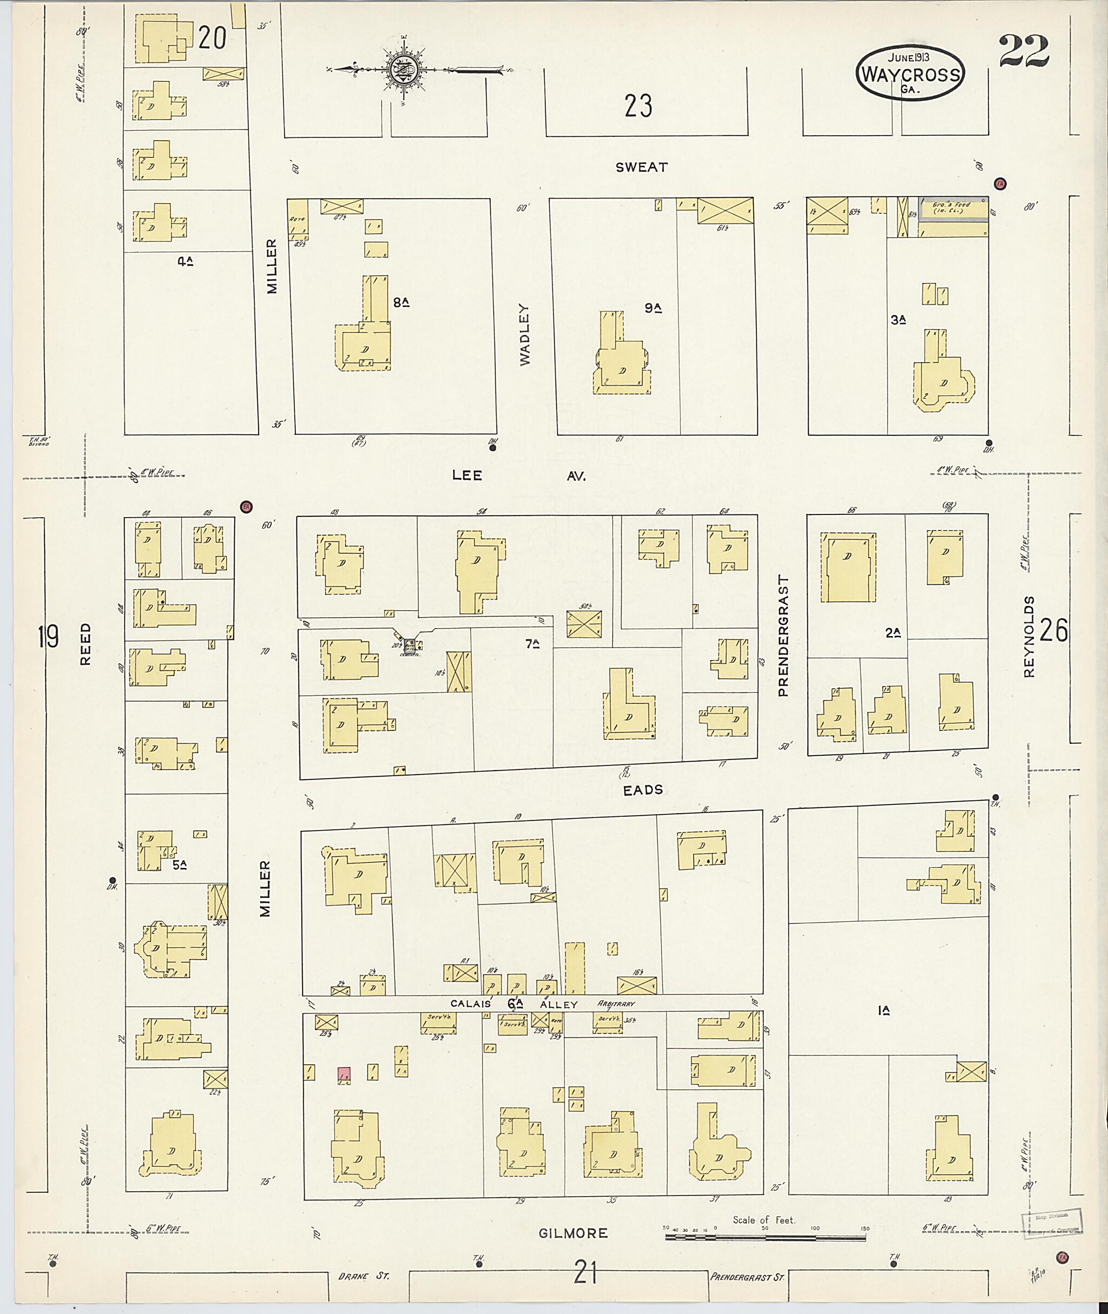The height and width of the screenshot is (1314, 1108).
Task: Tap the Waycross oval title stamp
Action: (910, 73)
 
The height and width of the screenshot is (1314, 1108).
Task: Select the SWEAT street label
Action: (641, 167)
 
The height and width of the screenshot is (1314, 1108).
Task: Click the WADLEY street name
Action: (525, 334)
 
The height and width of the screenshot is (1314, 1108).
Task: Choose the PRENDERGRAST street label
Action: (783, 635)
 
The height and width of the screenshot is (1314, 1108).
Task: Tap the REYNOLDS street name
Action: (1028, 636)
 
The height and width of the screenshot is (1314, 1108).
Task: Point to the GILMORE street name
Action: (573, 1233)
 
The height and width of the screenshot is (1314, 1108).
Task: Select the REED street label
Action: (86, 644)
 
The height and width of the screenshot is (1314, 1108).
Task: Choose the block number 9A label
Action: (653, 308)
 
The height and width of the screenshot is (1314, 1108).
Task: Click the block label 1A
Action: (885, 1011)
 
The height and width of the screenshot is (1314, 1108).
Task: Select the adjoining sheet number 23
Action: (638, 105)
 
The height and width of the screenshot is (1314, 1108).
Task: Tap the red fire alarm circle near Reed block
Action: (246, 506)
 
